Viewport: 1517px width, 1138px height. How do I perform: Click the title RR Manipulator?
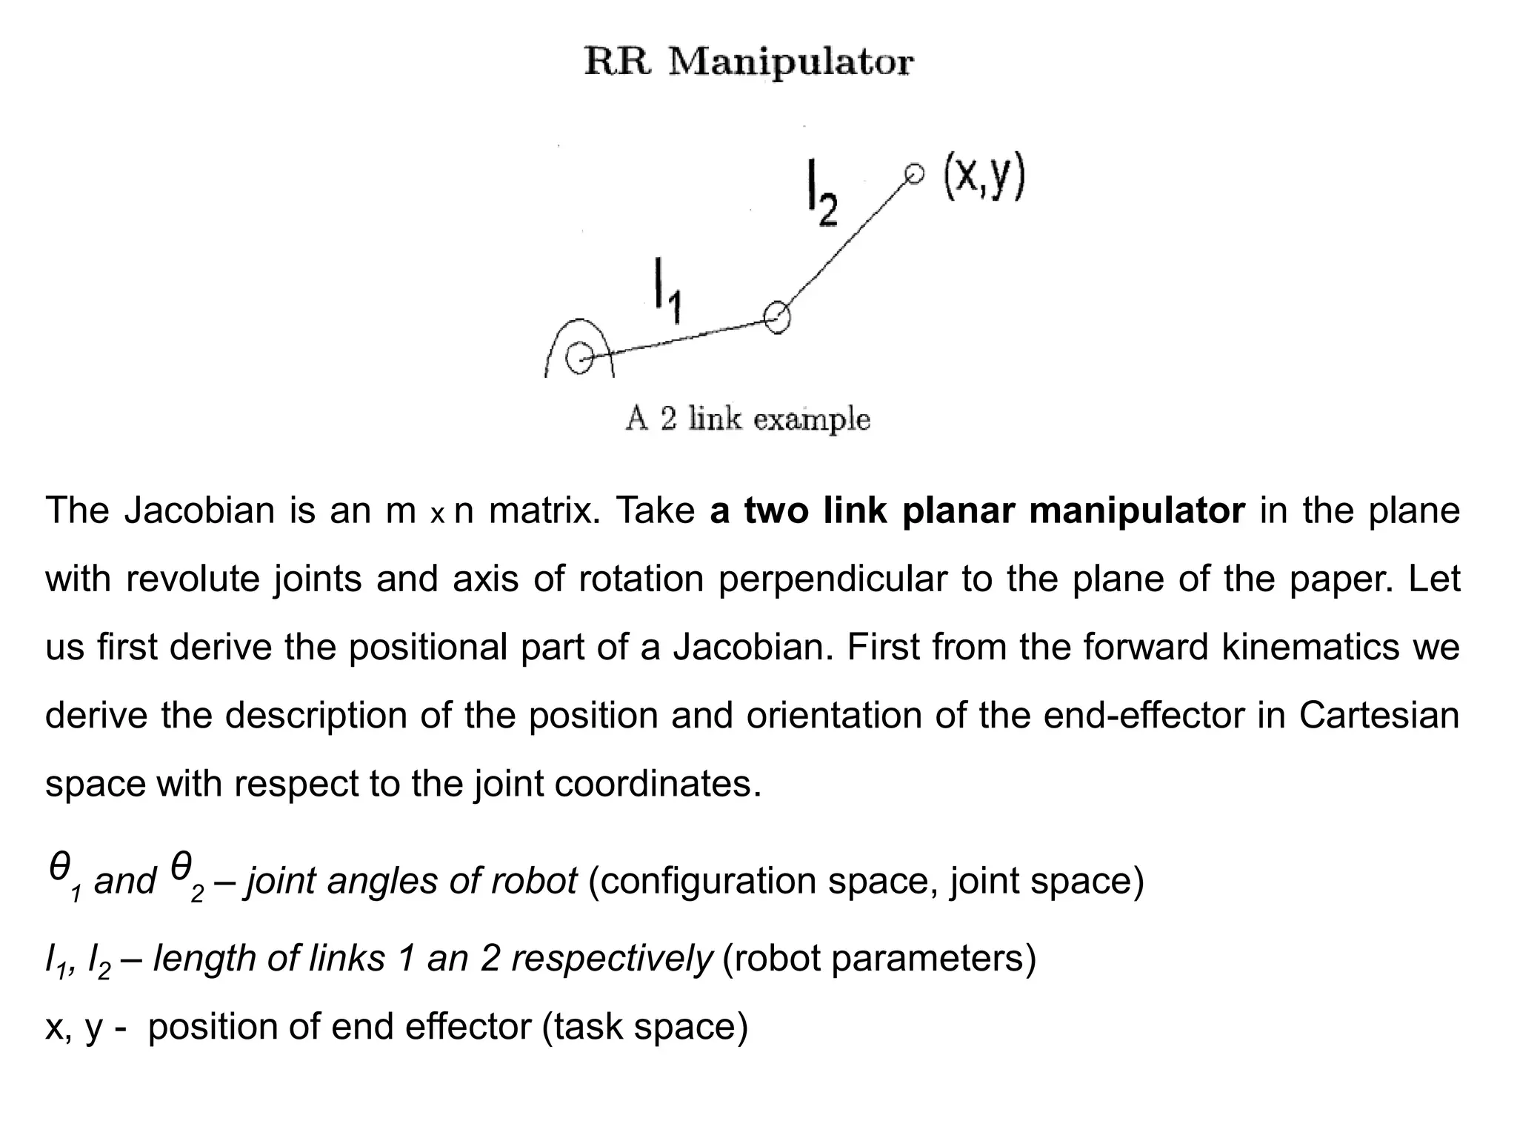pos(748,62)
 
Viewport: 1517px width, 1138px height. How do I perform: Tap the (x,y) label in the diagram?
pos(984,178)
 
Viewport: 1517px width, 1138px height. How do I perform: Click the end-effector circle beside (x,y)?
pos(915,174)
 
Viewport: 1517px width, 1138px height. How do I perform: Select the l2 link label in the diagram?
pos(821,199)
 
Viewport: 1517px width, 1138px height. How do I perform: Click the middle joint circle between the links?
pos(777,318)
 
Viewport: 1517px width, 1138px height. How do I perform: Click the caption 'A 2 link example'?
pos(747,419)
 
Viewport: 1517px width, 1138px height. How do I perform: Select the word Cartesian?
pos(1378,716)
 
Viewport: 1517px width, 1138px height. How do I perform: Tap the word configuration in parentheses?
pos(707,882)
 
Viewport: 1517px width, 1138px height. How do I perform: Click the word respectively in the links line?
pos(611,959)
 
